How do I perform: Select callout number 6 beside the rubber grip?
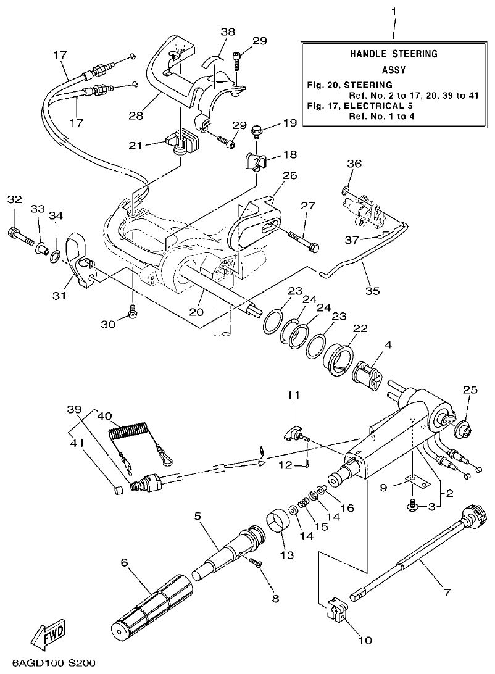tap(124, 562)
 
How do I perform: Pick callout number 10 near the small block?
tap(365, 640)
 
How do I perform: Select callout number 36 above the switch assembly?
tap(354, 164)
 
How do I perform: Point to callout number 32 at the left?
tap(14, 199)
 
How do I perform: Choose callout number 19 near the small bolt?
tap(290, 123)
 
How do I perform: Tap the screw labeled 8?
tap(256, 562)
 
